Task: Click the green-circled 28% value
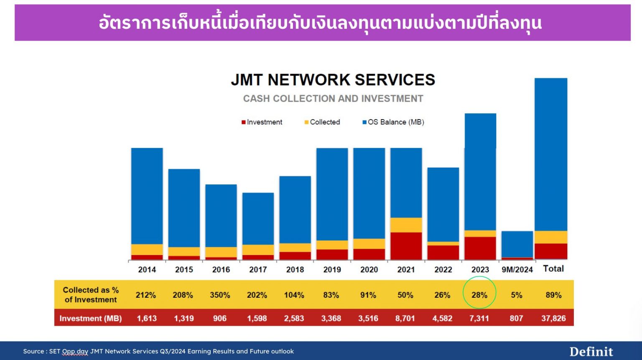click(x=479, y=295)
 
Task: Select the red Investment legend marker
click(x=243, y=122)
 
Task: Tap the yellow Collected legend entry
click(x=322, y=122)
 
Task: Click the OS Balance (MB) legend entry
click(x=393, y=122)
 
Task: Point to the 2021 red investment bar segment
click(x=406, y=246)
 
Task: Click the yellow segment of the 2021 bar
click(x=406, y=225)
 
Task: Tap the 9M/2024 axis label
click(x=517, y=270)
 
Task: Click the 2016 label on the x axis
click(x=221, y=270)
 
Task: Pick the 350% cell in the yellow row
click(x=220, y=295)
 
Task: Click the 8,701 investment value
click(x=405, y=318)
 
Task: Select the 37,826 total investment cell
click(x=553, y=318)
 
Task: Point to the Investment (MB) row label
click(x=90, y=318)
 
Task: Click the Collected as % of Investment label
click(x=90, y=295)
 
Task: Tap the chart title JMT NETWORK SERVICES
click(x=333, y=79)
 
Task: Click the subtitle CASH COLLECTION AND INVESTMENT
click(x=333, y=99)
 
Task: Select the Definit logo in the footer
click(x=591, y=352)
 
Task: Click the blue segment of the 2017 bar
click(x=258, y=218)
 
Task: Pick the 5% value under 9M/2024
click(x=516, y=295)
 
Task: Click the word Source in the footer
click(x=33, y=351)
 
